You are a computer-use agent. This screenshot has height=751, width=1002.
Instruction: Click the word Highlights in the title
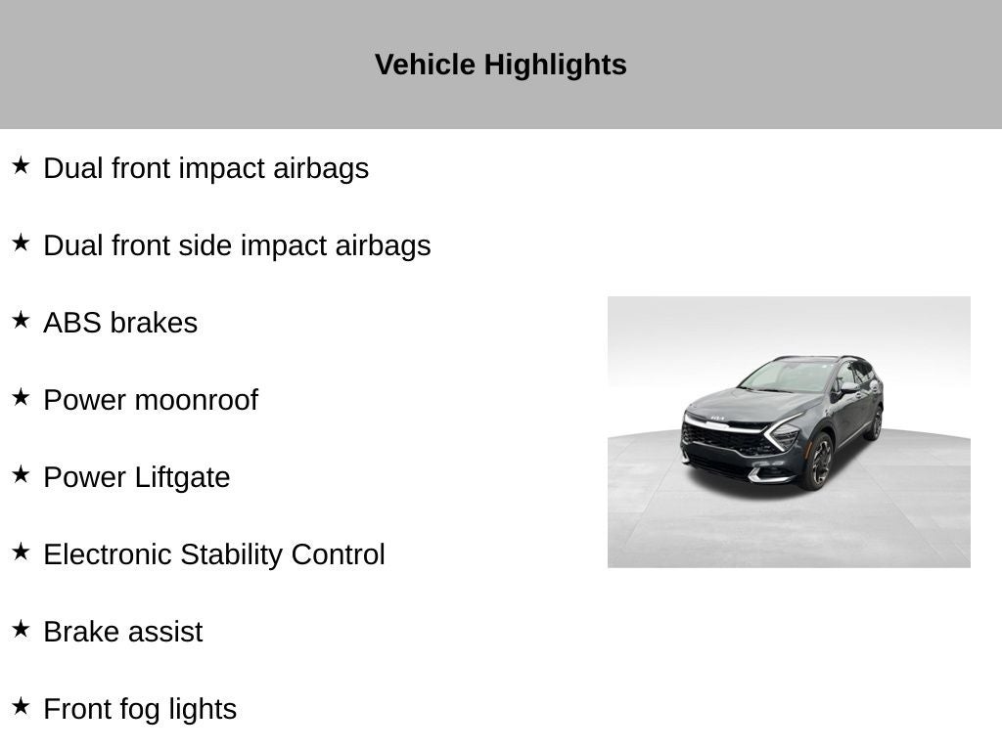coord(555,66)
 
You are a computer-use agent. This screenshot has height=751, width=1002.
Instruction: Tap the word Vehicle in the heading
coord(425,65)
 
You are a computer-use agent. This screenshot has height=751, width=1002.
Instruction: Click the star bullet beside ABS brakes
coord(21,320)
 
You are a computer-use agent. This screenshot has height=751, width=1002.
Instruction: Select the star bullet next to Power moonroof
coord(21,397)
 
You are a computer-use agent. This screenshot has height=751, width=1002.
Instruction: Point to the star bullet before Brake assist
coord(21,629)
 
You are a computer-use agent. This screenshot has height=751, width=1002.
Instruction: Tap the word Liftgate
coord(182,478)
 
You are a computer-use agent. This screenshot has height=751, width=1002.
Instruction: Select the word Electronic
coord(108,554)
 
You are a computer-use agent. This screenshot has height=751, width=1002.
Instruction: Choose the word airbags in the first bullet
coord(321,169)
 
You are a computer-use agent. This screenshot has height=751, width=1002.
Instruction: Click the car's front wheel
coord(820,462)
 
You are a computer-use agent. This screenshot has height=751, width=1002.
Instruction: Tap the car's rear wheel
coord(876,424)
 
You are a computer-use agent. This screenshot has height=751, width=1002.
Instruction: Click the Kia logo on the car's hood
coord(717,419)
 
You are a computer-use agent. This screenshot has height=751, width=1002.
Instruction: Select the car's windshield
coord(787,376)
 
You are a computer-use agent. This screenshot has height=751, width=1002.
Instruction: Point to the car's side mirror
coord(848,387)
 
